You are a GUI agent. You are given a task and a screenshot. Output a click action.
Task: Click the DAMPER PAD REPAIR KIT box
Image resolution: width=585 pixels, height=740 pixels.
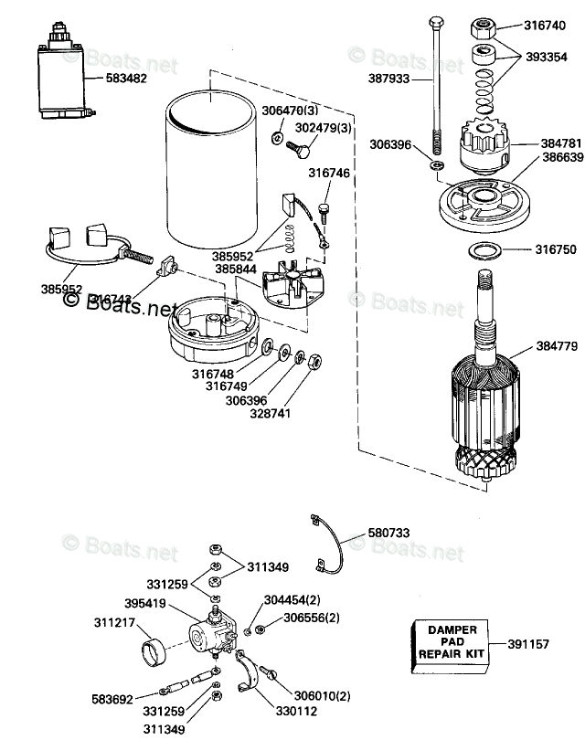click(445, 644)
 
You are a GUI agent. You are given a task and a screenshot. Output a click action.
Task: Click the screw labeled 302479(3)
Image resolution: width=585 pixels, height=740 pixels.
click(297, 145)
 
